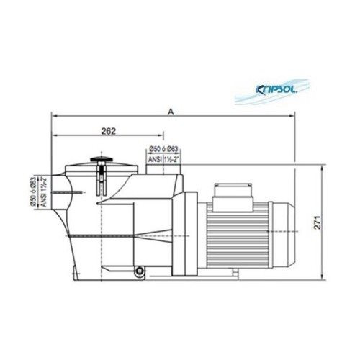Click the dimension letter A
(171, 111)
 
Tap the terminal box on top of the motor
(233, 192)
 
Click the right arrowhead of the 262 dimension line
(163, 137)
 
